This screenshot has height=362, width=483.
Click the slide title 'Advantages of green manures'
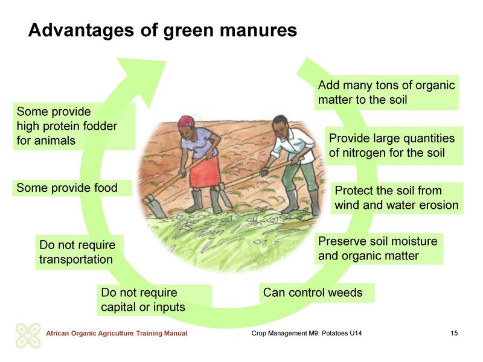click(162, 31)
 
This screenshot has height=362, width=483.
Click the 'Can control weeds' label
click(316, 293)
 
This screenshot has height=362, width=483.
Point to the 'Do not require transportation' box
click(80, 252)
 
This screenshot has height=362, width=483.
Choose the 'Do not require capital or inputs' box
click(155, 300)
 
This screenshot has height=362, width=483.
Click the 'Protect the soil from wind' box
click(397, 198)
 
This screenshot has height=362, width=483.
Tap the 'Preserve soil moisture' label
click(379, 249)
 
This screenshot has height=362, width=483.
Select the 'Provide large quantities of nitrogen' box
click(394, 145)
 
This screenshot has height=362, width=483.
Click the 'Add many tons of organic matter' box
click(386, 92)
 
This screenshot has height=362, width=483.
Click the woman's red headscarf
click(186, 121)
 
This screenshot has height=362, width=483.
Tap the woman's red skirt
click(205, 172)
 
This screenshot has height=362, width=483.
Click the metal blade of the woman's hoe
click(154, 206)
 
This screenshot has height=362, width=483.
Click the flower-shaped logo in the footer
click(28, 335)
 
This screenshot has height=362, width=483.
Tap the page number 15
click(454, 333)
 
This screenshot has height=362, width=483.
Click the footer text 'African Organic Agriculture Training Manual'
click(117, 333)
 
